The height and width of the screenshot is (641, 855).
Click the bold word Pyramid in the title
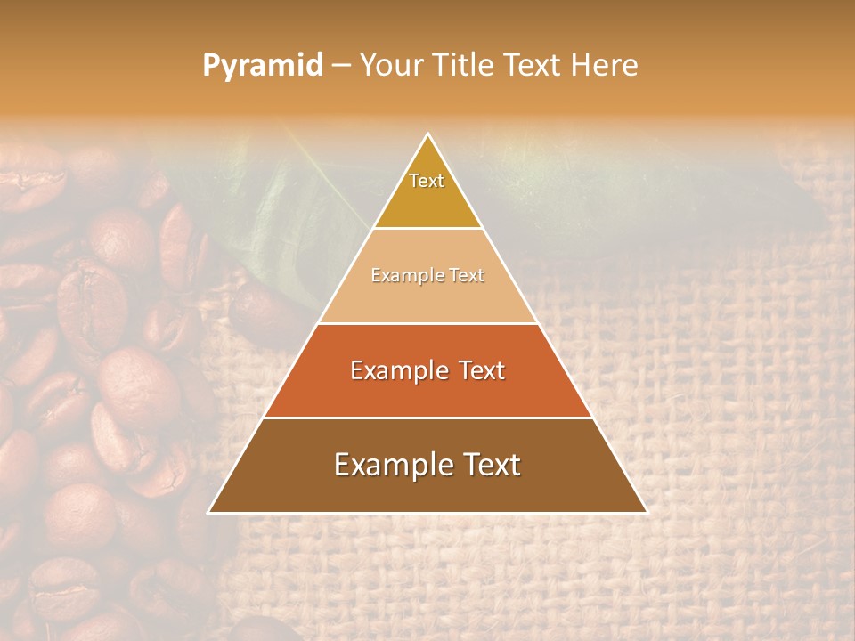coord(263,65)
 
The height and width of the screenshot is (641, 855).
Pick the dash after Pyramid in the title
coord(341,66)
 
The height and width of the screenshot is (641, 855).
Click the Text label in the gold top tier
coord(427,181)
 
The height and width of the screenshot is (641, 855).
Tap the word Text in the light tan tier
coord(464,276)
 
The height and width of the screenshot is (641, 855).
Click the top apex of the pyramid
coord(428,134)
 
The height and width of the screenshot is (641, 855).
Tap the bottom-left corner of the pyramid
coord(209,513)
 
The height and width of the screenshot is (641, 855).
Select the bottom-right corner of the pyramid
coord(647,513)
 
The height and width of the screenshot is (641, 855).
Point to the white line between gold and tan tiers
coord(427,229)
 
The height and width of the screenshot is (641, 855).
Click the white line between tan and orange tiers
coord(427,323)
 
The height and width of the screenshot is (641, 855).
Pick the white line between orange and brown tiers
coord(427,418)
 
